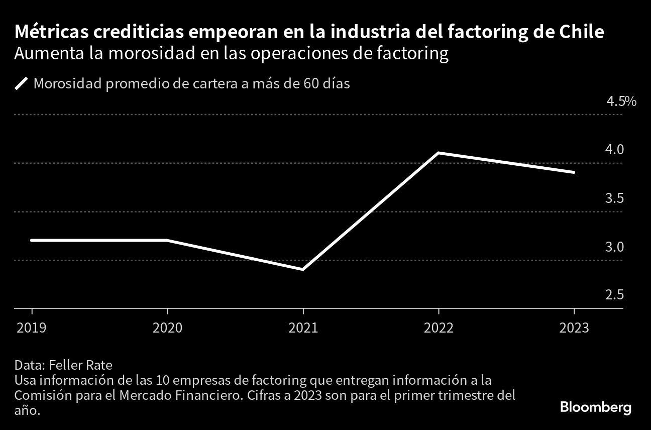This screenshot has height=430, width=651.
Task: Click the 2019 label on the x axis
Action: coord(32,328)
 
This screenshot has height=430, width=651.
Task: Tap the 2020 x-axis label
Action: coord(167,328)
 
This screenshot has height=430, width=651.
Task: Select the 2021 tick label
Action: coord(303,328)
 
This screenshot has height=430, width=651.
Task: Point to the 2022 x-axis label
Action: coord(439,328)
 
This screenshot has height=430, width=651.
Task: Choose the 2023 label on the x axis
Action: coord(574,328)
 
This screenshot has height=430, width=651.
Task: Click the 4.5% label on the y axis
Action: coord(621,102)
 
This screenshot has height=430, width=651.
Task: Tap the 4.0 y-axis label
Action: coord(614,150)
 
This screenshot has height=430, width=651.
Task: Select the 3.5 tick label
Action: coord(614,198)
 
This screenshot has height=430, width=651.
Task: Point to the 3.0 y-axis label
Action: coord(614,247)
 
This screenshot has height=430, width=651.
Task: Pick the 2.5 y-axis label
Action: coord(614,295)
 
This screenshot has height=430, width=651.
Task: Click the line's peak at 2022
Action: coord(439,153)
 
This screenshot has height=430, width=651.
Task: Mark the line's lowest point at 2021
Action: coord(303,269)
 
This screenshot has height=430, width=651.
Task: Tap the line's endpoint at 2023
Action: coord(574,172)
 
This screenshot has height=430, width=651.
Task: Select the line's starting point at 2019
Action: coord(32,240)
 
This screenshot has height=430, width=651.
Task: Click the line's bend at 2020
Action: coord(167,240)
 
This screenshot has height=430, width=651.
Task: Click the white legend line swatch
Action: coord(22,83)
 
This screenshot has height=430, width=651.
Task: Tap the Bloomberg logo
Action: coord(595,407)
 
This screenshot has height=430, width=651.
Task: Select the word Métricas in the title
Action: coord(47,33)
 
